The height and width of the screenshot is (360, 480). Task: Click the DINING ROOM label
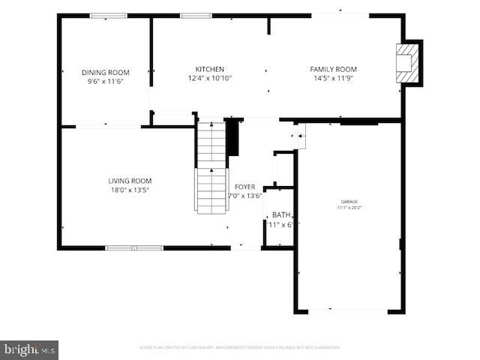[105, 73]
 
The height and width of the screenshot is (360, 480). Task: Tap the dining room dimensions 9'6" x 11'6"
[105, 82]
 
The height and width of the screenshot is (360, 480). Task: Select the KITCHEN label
[210, 70]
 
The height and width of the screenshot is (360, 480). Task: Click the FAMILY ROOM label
[334, 70]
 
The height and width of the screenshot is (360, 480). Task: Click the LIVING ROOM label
[130, 181]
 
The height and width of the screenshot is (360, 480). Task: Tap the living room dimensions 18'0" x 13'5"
[130, 190]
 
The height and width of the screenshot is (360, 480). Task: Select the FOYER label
[244, 187]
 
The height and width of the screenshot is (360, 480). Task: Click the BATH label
[281, 214]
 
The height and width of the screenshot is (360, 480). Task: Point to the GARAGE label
[349, 202]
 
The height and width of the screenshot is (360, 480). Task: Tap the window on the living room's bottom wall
[133, 247]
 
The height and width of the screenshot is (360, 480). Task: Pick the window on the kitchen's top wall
[195, 15]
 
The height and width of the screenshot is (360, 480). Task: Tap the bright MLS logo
[29, 349]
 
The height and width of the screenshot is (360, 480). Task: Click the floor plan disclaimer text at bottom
[239, 347]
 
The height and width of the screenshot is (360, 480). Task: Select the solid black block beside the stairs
[232, 137]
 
